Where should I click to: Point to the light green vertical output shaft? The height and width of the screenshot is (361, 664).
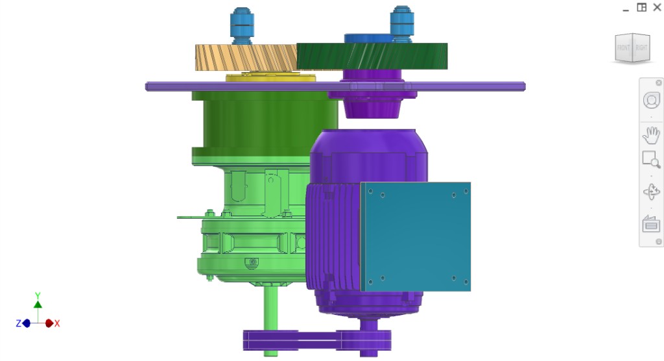click(x=270, y=318)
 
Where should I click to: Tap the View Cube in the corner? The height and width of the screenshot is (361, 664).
click(x=632, y=47)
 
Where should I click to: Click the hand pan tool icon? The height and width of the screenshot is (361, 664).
click(x=650, y=135)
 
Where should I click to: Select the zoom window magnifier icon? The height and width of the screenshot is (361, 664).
click(x=650, y=159)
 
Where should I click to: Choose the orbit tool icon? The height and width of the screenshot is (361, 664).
click(x=650, y=192)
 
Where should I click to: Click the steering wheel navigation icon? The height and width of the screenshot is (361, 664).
click(x=650, y=101)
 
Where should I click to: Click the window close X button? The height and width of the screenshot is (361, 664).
click(x=657, y=7)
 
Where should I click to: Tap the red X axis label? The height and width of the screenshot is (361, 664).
click(x=57, y=323)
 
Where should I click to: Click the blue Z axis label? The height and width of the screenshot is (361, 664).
click(x=18, y=323)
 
